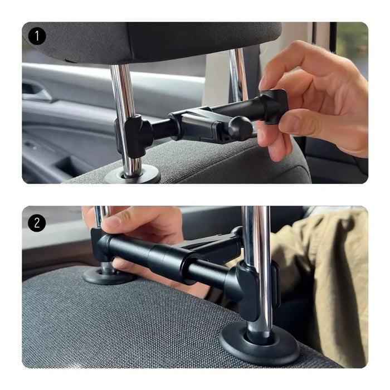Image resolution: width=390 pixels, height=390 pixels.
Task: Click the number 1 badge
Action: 37,37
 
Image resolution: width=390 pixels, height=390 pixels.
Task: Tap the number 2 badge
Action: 37,223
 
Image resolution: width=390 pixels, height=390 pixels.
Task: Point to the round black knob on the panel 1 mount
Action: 240,128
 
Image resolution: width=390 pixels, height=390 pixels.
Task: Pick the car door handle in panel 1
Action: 37,91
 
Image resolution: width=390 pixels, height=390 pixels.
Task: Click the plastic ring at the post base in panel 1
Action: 132,176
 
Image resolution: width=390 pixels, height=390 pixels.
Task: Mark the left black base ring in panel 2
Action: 106,275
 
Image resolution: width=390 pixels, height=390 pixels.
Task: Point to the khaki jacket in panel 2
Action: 329,279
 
